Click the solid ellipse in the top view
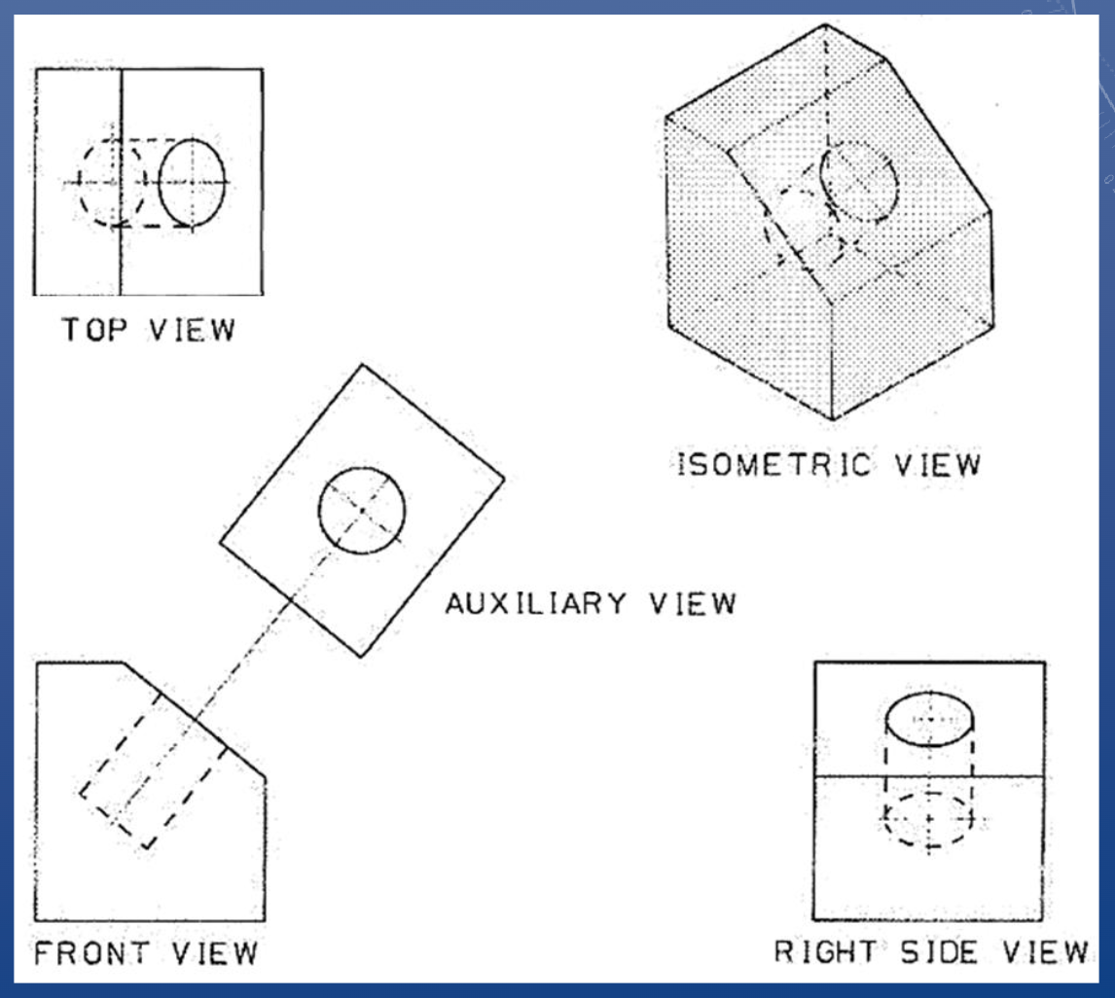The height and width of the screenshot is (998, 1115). click(x=192, y=182)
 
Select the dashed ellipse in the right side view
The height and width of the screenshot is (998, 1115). click(x=929, y=820)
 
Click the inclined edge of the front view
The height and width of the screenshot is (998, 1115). click(x=195, y=720)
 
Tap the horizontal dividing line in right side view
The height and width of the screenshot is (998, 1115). click(x=929, y=775)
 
